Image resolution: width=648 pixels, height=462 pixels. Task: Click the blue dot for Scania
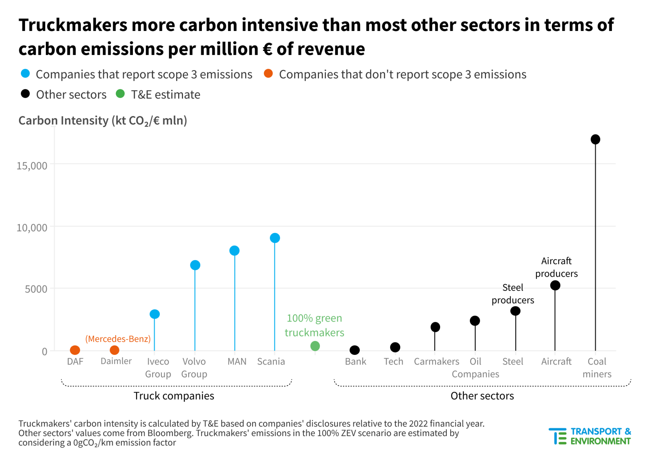(275, 238)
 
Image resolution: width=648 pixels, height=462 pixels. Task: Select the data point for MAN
(234, 250)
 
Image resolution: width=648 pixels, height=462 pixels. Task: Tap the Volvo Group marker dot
(195, 265)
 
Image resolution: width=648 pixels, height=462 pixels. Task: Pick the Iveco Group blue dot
(155, 314)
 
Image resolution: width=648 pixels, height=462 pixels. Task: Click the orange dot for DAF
(75, 350)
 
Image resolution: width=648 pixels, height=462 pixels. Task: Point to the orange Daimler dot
(114, 350)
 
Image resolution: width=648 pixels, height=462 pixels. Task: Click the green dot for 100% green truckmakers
(315, 346)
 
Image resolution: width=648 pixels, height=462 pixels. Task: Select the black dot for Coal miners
(595, 139)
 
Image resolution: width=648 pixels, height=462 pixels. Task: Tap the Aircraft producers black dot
(555, 285)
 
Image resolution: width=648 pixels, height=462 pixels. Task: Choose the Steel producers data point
(515, 311)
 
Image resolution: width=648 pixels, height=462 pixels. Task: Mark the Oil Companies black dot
(475, 320)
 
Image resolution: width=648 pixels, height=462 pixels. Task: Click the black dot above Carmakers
(435, 327)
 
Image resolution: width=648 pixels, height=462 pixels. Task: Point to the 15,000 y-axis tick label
(32, 166)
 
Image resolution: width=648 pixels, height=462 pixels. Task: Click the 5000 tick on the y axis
(36, 289)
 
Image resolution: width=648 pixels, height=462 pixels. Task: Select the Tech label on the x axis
(394, 362)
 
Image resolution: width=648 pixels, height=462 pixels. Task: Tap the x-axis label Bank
(355, 362)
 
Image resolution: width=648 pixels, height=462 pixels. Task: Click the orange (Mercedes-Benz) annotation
(118, 339)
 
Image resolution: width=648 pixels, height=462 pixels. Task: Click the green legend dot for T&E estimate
(120, 94)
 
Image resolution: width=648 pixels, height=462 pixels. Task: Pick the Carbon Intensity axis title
(103, 121)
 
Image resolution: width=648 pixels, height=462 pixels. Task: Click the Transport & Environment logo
(590, 436)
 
